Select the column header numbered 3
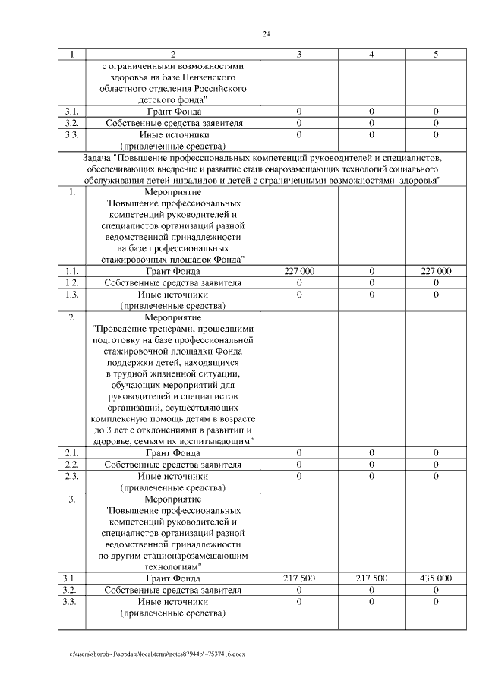click(298, 55)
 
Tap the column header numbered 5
click(436, 55)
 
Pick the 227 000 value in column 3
click(298, 271)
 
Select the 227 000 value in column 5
click(436, 271)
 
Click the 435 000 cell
click(436, 578)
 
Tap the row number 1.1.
click(73, 271)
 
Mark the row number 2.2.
click(73, 464)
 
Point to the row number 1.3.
click(73, 294)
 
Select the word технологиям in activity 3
click(173, 566)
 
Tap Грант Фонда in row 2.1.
click(173, 452)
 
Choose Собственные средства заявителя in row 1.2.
click(173, 282)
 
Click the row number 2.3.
click(73, 475)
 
